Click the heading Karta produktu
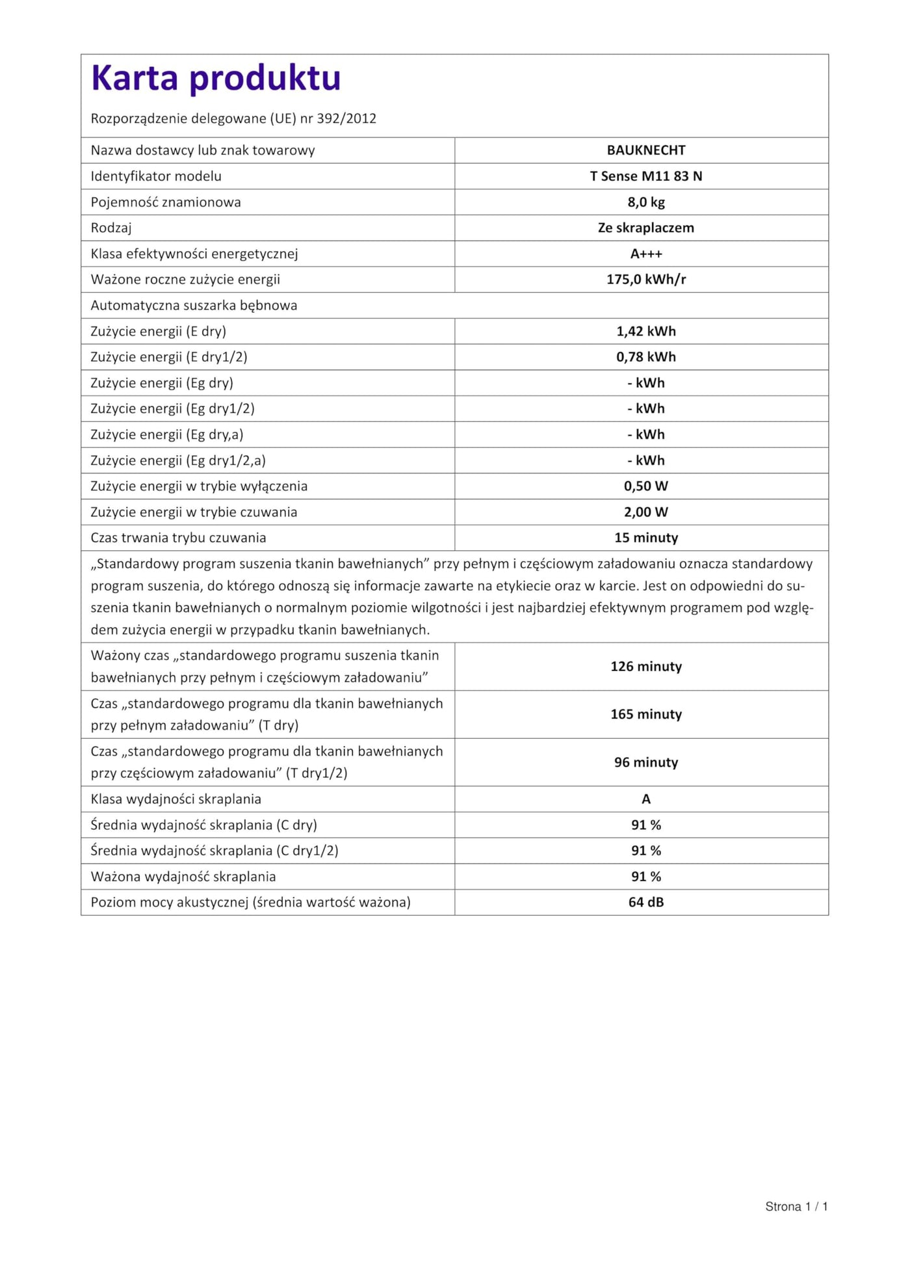tap(216, 78)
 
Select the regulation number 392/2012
tap(346, 118)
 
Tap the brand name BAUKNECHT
tap(645, 150)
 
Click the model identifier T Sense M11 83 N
tap(645, 176)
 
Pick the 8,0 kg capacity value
tap(645, 202)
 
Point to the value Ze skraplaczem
tap(645, 228)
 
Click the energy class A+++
tap(645, 254)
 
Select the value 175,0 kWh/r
tap(645, 280)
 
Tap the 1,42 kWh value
tap(645, 331)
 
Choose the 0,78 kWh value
tap(645, 357)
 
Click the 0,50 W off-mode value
tap(645, 486)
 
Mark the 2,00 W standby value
tap(645, 512)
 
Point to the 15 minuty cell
tap(645, 538)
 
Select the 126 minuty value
tap(645, 667)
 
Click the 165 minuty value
tap(645, 714)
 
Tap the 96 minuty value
tap(645, 762)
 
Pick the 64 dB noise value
tap(645, 902)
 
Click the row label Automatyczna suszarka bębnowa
tap(194, 305)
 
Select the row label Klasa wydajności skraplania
tap(175, 799)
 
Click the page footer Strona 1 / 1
tap(796, 1206)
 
